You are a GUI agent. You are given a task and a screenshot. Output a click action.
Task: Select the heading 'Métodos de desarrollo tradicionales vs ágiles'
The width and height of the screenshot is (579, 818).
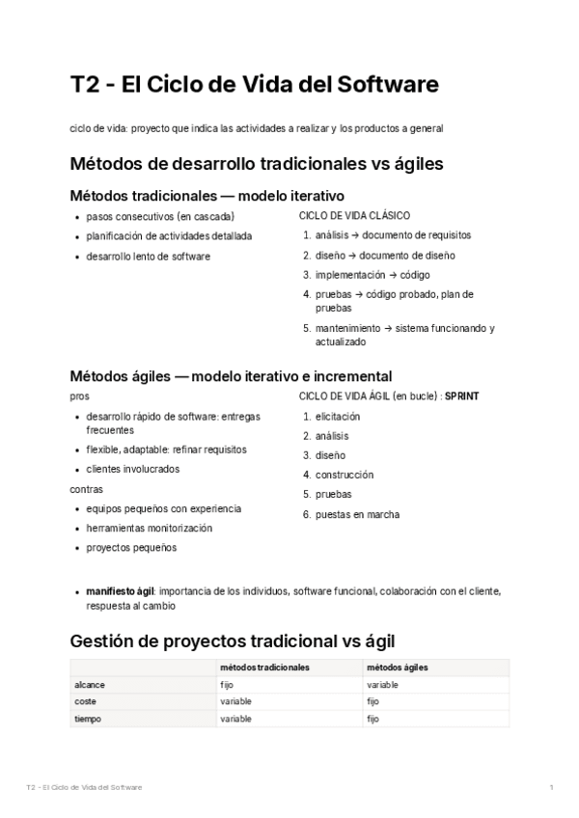click(257, 164)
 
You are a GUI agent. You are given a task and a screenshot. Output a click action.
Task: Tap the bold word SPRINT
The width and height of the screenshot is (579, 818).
click(461, 396)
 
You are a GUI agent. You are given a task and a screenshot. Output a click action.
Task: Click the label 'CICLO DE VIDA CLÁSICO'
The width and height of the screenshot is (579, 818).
click(355, 216)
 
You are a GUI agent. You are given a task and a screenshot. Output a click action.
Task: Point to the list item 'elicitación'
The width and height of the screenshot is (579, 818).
click(338, 417)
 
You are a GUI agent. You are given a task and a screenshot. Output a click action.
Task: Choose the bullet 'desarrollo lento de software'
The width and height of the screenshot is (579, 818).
click(148, 257)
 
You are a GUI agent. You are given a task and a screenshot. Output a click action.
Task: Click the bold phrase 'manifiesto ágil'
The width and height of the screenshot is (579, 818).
click(121, 590)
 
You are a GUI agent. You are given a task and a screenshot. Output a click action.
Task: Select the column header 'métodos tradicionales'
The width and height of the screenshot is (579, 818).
click(264, 668)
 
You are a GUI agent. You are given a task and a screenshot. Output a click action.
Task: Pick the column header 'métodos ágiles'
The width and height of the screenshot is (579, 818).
click(398, 668)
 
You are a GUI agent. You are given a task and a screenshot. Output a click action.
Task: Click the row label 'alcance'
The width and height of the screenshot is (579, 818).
click(90, 685)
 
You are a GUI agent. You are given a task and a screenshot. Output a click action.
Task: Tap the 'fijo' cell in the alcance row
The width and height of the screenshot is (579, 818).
click(228, 685)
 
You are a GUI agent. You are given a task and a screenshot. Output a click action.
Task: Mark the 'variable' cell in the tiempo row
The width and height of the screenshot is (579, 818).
click(235, 720)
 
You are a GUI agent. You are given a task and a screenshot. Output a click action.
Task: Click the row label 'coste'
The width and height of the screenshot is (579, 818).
click(87, 702)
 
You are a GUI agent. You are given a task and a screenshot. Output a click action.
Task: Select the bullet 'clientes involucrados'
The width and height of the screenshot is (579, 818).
click(132, 470)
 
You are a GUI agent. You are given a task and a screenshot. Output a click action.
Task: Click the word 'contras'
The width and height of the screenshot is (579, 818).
click(88, 489)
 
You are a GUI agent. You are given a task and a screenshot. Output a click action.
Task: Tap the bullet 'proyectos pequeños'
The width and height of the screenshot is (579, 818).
click(131, 548)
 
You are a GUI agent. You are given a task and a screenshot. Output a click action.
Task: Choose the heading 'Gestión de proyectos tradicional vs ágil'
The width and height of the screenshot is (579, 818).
click(233, 641)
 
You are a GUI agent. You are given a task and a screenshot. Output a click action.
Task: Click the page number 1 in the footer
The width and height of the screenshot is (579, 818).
click(550, 788)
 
